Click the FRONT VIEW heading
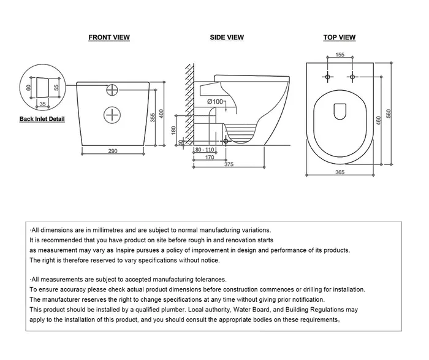pyautogui.click(x=109, y=37)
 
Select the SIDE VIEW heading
pyautogui.click(x=227, y=37)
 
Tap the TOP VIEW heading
pyautogui.click(x=340, y=37)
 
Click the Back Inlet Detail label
pyautogui.click(x=42, y=119)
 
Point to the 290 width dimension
pyautogui.click(x=113, y=151)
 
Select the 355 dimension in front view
pyautogui.click(x=153, y=117)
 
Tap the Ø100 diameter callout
pyautogui.click(x=214, y=101)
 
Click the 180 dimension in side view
pyautogui.click(x=173, y=130)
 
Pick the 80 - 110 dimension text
pyautogui.click(x=205, y=150)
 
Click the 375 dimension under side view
pyautogui.click(x=229, y=164)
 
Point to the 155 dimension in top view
pyautogui.click(x=340, y=55)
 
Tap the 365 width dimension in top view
pyautogui.click(x=340, y=173)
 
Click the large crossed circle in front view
pyautogui.click(x=112, y=115)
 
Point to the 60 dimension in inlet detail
pyautogui.click(x=28, y=87)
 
